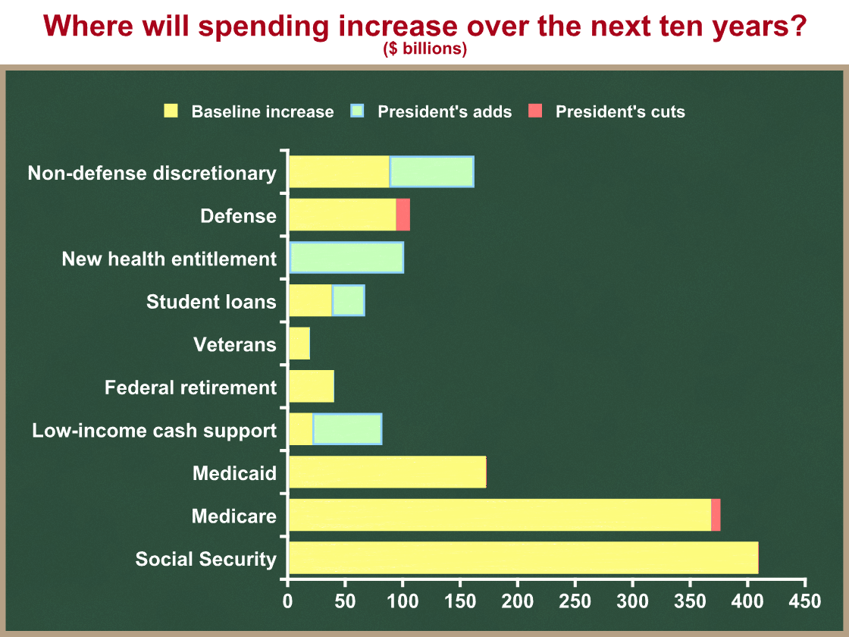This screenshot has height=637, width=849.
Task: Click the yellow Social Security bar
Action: coord(524,558)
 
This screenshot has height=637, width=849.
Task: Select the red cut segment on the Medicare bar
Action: coord(716,515)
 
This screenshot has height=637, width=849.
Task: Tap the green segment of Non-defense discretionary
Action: coord(431,171)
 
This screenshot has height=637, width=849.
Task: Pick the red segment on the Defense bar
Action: coord(403,215)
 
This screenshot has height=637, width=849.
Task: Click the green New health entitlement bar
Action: coord(346,257)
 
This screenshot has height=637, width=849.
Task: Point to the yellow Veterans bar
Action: coord(299,344)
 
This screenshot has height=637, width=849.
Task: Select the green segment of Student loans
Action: coord(348,300)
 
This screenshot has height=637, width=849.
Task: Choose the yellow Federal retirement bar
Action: coord(312,386)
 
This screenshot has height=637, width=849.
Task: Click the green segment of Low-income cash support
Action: coord(347,429)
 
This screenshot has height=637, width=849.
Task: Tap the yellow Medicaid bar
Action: coord(387,472)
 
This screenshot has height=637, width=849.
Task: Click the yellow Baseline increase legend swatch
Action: coord(171,111)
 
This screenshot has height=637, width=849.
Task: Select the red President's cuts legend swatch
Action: coord(535,111)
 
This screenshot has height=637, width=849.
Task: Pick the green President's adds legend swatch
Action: coord(357,111)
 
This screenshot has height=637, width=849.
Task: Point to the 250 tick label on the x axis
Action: coord(575,601)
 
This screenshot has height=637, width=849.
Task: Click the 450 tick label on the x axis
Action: coord(805,601)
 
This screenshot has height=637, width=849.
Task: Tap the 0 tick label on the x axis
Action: coord(287,601)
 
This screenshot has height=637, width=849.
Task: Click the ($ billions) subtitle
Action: coord(425,49)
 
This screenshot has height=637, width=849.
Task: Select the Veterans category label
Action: coord(235,344)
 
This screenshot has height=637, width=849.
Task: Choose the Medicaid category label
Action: coord(234,473)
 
